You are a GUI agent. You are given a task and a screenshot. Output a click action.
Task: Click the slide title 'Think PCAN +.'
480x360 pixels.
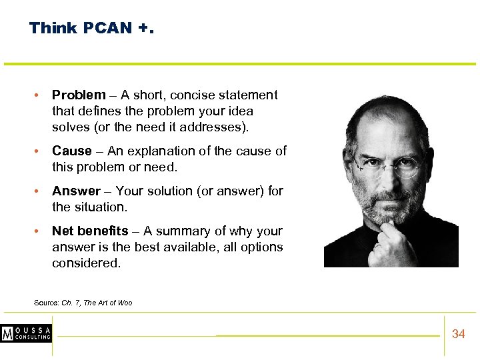[91, 28]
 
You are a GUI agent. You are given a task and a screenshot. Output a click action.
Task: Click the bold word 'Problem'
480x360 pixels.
[79, 95]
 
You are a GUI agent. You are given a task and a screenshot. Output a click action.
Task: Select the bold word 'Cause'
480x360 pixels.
[72, 151]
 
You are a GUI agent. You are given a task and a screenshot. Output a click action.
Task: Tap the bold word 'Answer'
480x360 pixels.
[76, 191]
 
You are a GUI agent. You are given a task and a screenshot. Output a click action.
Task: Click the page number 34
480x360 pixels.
[458, 334]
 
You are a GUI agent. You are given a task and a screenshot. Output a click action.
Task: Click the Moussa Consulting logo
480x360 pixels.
[26, 333]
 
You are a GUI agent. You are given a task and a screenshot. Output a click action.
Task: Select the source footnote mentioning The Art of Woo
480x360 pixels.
[83, 303]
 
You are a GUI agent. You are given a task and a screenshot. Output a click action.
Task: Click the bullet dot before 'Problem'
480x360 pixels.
[39, 95]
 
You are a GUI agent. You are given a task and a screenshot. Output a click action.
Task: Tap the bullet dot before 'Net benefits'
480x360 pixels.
[39, 231]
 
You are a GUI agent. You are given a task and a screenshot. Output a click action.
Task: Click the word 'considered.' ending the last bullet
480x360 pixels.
[87, 263]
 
